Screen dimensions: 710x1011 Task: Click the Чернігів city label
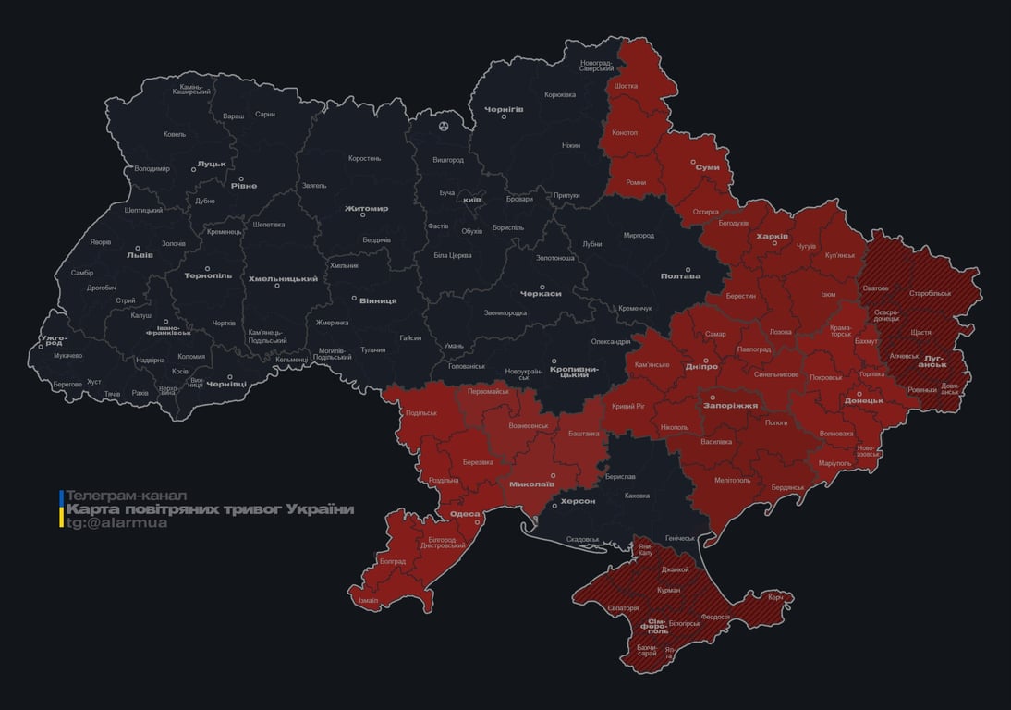[x=504, y=110]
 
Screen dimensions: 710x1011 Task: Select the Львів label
[x=140, y=256]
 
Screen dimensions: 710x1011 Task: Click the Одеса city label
[x=464, y=514]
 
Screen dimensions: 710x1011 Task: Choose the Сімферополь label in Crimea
[x=656, y=624]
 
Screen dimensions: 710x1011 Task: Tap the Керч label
[x=775, y=597]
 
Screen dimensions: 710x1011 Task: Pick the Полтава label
[x=680, y=276]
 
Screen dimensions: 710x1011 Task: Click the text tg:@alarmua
[x=116, y=523]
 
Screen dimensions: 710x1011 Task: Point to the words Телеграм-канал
[x=126, y=496]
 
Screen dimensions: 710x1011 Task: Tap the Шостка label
[x=626, y=86]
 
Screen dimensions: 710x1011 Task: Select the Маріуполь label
[x=834, y=462]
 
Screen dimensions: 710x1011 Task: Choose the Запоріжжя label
[x=731, y=405]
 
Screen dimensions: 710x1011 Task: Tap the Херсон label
[x=578, y=500]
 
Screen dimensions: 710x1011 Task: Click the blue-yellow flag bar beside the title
[x=61, y=509]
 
